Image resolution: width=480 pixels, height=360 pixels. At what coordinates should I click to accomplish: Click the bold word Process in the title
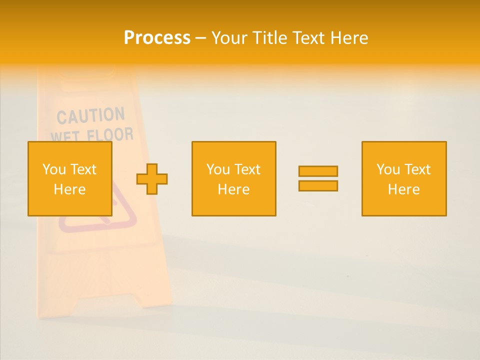coord(157,38)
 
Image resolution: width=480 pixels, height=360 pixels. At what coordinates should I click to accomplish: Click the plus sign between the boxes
coord(152,179)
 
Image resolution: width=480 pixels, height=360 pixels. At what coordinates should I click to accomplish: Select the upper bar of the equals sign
coord(318,171)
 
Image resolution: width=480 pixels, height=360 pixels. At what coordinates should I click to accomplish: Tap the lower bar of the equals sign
coord(318,185)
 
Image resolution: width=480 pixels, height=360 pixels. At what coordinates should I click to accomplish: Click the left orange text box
coord(69,178)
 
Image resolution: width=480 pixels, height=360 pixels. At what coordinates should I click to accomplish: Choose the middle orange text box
coord(233,178)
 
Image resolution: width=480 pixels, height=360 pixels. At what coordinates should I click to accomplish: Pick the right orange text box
coord(404,178)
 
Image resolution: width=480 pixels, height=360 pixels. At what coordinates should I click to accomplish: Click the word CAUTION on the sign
coord(90,116)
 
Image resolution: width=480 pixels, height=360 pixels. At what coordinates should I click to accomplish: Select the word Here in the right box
coord(403,189)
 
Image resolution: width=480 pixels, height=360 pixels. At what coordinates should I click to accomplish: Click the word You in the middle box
coord(218,169)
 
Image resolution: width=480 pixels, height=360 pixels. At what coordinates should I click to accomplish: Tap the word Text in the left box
coord(83,169)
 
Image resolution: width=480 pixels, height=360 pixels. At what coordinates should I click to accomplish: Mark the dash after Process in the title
coord(200,38)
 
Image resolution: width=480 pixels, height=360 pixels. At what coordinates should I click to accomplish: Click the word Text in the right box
coord(417,169)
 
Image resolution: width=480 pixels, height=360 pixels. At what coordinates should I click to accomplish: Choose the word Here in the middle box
coord(233,189)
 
